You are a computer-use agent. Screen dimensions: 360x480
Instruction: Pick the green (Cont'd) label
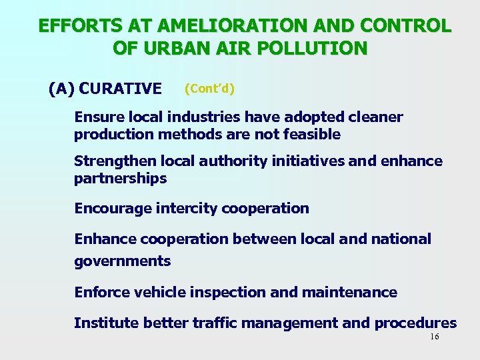(x=210, y=88)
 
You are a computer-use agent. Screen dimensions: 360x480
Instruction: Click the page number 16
(x=434, y=337)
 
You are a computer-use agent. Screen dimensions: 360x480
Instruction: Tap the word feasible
(x=314, y=134)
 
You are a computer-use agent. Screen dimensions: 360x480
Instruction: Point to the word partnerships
(x=120, y=178)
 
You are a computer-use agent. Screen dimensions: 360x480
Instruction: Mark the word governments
(x=122, y=261)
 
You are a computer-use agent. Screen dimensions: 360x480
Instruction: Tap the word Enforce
(x=102, y=292)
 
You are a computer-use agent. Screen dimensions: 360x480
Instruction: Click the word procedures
(x=415, y=323)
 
